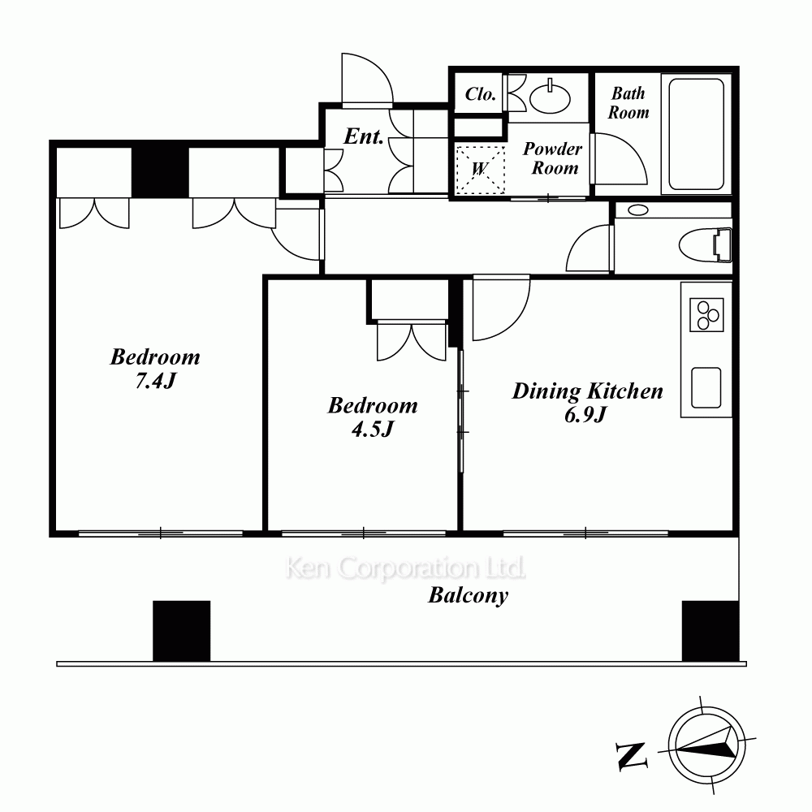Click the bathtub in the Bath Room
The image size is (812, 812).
click(696, 135)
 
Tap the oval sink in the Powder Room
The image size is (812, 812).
click(550, 98)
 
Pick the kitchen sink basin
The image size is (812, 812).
click(706, 387)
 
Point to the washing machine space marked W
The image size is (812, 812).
click(480, 170)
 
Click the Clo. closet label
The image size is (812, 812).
click(481, 94)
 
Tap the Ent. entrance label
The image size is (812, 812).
click(364, 136)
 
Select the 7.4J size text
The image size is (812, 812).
click(155, 381)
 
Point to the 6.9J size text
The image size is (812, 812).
click(585, 415)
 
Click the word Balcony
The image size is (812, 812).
click(469, 595)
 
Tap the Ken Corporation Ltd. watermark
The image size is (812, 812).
click(405, 568)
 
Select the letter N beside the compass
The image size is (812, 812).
click(632, 756)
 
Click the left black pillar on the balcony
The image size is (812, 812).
click(182, 631)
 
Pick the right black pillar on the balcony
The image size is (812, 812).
click(710, 631)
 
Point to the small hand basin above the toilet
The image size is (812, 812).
click(638, 209)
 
